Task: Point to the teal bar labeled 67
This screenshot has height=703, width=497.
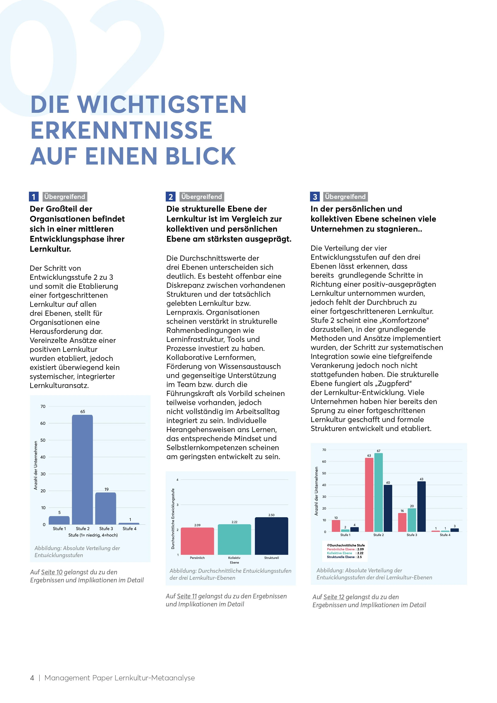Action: coord(379,492)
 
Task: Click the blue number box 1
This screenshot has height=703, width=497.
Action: coord(34,197)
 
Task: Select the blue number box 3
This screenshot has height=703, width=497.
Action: coord(315,197)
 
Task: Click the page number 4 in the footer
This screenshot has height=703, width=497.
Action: coord(32,678)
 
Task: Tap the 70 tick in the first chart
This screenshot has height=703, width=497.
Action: coord(43,406)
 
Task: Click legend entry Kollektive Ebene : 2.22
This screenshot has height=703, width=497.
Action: coord(345,553)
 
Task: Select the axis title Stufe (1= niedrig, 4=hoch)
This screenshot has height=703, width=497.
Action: coord(93,535)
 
